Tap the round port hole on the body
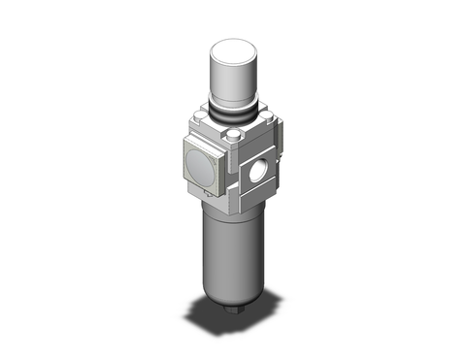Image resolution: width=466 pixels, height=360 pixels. click(256, 177)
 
